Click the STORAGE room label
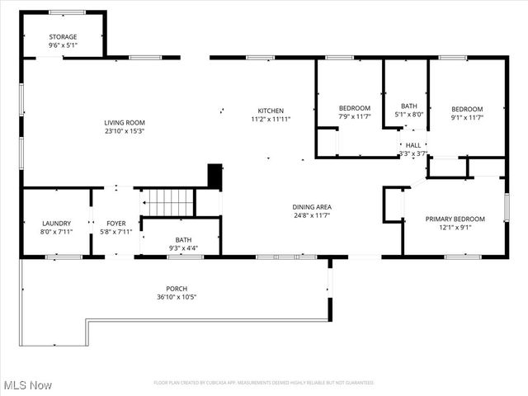click(63, 36)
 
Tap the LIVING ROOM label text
click(125, 122)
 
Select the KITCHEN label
click(271, 111)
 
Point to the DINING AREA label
click(311, 207)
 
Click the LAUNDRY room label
click(56, 223)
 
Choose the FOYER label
click(116, 223)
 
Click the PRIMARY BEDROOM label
click(455, 219)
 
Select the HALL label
click(412, 145)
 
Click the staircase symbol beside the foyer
click(169, 200)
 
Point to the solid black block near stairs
click(214, 177)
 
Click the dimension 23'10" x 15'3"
click(125, 130)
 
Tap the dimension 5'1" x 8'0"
click(409, 115)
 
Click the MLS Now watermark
click(27, 385)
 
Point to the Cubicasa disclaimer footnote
click(263, 383)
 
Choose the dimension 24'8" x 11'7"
click(311, 215)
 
